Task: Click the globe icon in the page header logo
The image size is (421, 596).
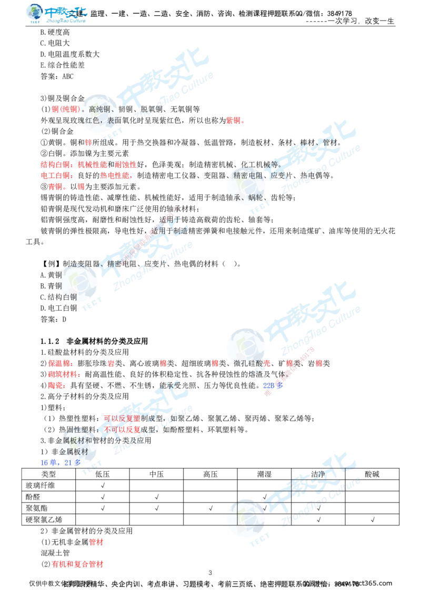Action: [x=35, y=13]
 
